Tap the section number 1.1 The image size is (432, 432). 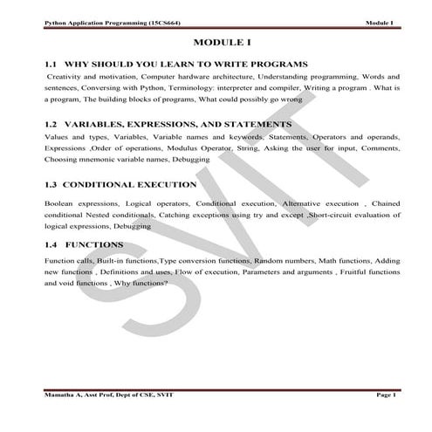click(x=50, y=65)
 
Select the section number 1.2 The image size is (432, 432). click(x=50, y=125)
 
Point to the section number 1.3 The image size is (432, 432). click(x=50, y=185)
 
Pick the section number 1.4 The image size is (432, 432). click(x=50, y=245)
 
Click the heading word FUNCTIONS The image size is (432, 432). click(x=93, y=245)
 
